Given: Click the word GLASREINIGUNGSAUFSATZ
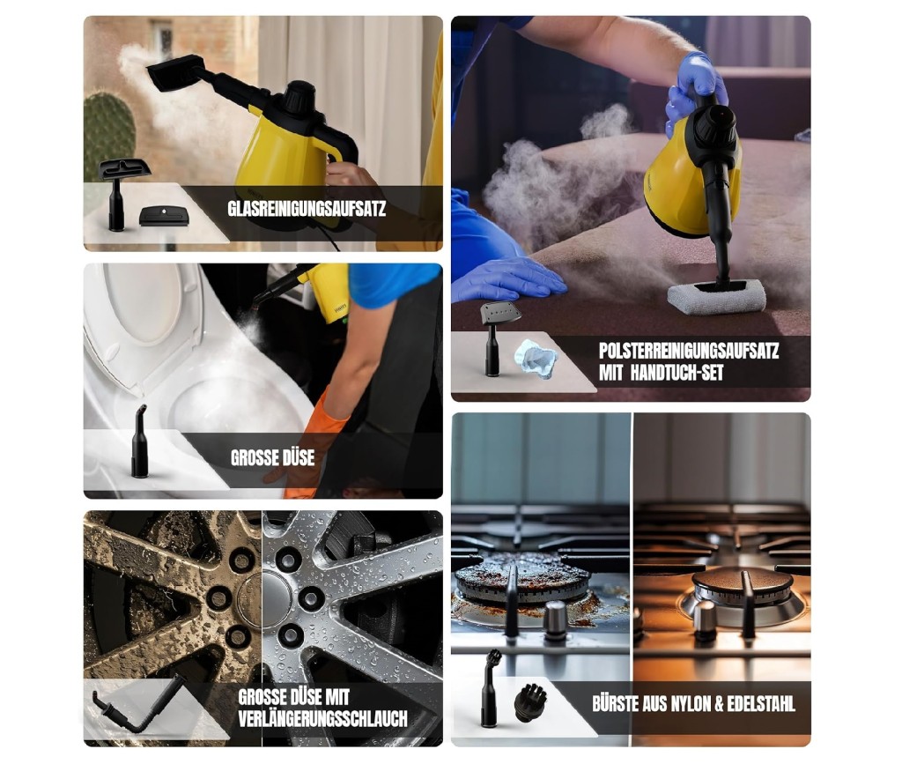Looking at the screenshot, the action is pyautogui.click(x=307, y=208).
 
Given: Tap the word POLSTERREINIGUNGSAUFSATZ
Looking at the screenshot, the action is pyautogui.click(x=689, y=351).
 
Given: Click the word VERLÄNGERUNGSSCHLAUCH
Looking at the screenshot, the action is pyautogui.click(x=322, y=718).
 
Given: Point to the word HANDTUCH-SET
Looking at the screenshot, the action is pyautogui.click(x=676, y=373).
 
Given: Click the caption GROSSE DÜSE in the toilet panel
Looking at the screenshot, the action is pyautogui.click(x=273, y=458).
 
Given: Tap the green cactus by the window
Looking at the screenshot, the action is pyautogui.click(x=109, y=135).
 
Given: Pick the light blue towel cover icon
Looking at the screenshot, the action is pyautogui.click(x=536, y=360).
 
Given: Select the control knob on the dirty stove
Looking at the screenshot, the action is pyautogui.click(x=555, y=620).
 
